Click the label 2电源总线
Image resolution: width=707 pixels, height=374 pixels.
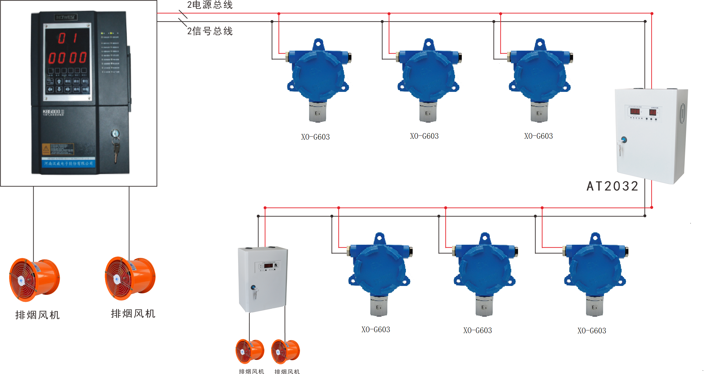210,5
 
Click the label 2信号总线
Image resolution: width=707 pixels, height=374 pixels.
210,31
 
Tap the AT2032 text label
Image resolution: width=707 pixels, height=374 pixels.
612,186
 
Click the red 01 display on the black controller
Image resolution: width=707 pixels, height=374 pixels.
68,38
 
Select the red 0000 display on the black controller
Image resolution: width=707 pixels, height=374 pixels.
67,58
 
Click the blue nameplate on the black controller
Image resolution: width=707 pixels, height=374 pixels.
69,163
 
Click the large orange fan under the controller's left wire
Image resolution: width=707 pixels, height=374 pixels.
34,280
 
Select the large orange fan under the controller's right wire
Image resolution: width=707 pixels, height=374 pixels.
130,278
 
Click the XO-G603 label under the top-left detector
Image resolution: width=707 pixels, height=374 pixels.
315,137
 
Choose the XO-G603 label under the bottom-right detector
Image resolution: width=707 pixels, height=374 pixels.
592,331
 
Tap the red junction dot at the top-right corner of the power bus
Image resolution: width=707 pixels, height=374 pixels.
652,14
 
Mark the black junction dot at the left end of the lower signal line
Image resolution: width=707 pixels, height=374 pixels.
258,216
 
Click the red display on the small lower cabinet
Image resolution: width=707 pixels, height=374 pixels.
268,266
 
